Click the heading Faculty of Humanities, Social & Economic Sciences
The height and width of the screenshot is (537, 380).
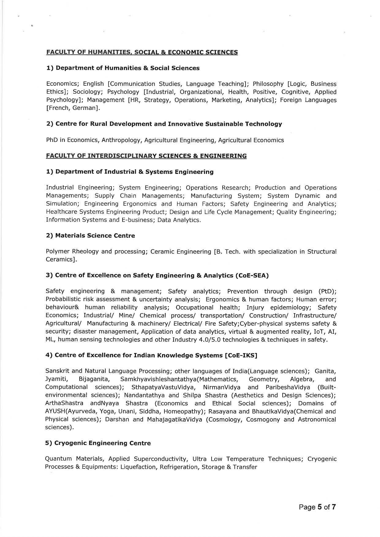pyautogui.click(x=142, y=52)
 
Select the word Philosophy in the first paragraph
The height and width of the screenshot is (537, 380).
pyautogui.click(x=268, y=84)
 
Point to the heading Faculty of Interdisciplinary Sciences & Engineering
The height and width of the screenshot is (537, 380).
pyautogui.click(x=146, y=156)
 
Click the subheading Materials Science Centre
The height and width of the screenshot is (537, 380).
pyautogui.click(x=90, y=236)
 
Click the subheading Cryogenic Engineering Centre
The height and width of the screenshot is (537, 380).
pyautogui.click(x=98, y=443)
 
